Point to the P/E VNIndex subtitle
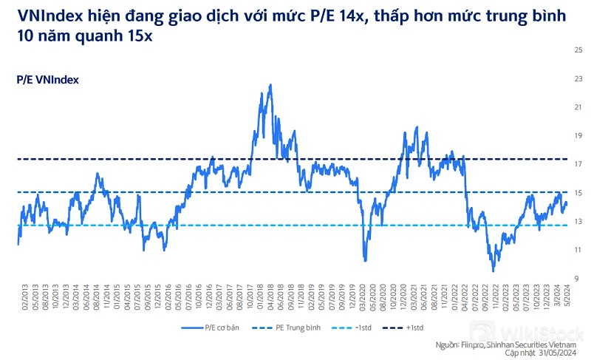tap(47, 79)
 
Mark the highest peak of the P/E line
tap(270, 85)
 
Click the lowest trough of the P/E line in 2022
tap(492, 271)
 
